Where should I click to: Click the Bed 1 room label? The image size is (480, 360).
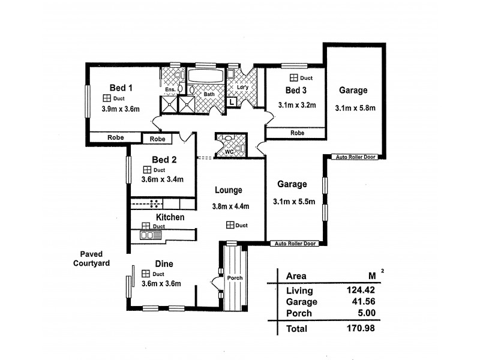(121, 87)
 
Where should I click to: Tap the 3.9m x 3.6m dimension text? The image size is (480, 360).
(121, 109)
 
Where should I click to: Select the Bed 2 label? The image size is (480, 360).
(164, 160)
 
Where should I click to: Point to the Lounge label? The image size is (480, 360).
(229, 190)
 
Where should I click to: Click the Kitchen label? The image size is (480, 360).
(170, 217)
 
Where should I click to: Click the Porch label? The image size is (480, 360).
(234, 278)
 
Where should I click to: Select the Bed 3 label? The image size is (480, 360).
(296, 91)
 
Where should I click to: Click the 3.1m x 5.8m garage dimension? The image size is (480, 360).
(356, 109)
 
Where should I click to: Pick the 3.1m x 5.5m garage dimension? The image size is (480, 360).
(293, 202)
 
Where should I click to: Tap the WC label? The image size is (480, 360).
(229, 152)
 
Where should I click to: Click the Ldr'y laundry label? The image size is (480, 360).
(243, 88)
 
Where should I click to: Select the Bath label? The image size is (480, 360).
(209, 94)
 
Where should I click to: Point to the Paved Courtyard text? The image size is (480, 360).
(91, 259)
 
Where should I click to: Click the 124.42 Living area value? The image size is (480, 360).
(362, 290)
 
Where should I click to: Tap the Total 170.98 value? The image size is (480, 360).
(362, 328)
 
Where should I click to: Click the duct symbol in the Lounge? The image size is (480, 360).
(230, 225)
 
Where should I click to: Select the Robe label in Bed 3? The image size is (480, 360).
(296, 133)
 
